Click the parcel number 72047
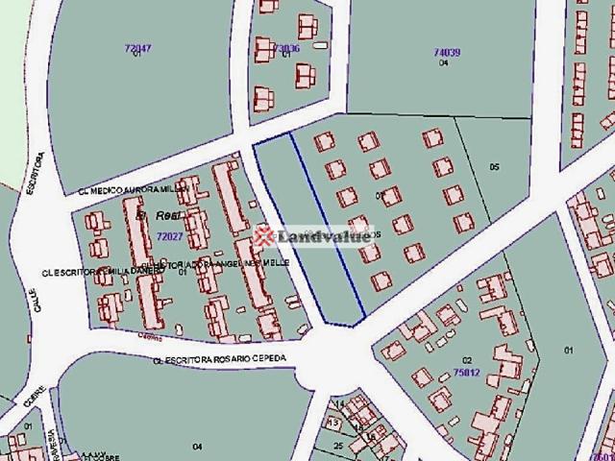click(x=138, y=47)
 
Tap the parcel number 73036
click(x=286, y=47)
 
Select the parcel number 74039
click(x=447, y=52)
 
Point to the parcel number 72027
click(x=169, y=235)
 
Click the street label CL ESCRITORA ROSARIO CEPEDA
click(x=223, y=361)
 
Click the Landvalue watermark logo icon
click(x=261, y=236)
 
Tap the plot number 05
click(x=495, y=167)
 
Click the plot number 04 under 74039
click(x=443, y=63)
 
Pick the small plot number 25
click(x=338, y=446)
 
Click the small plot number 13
click(x=333, y=422)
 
